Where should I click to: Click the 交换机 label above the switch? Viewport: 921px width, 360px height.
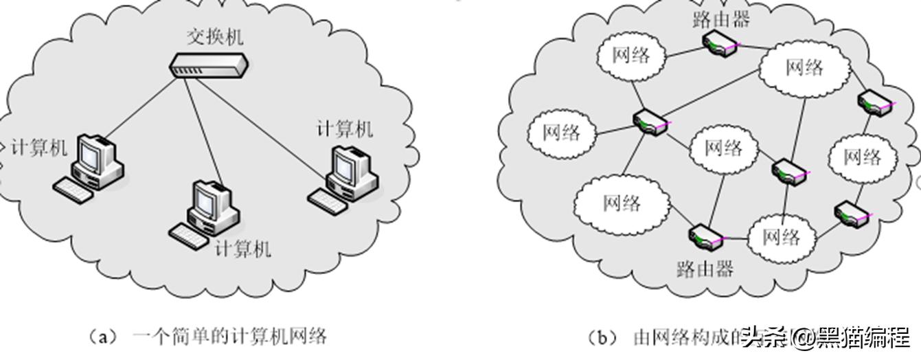click(x=214, y=37)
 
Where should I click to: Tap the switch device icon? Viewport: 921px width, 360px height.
click(x=209, y=65)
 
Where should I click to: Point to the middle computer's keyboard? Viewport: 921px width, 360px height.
click(x=187, y=236)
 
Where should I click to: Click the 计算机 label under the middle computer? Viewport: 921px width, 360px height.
click(x=242, y=248)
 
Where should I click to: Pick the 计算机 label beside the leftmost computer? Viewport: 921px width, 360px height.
click(x=39, y=146)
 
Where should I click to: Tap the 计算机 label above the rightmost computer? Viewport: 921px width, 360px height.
click(x=344, y=128)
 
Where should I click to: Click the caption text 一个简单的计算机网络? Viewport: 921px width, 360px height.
click(x=229, y=337)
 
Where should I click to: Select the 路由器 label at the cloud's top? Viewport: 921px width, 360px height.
click(x=721, y=19)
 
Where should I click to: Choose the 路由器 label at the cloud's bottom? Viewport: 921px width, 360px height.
click(x=705, y=267)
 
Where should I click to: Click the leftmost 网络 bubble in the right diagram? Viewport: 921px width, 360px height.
click(x=561, y=132)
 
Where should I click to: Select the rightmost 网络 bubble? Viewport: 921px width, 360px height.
click(x=862, y=157)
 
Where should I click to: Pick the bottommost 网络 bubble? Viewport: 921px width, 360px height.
click(x=781, y=237)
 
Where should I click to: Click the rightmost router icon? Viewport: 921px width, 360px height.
click(x=875, y=102)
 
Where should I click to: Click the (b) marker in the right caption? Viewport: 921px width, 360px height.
click(x=603, y=337)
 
